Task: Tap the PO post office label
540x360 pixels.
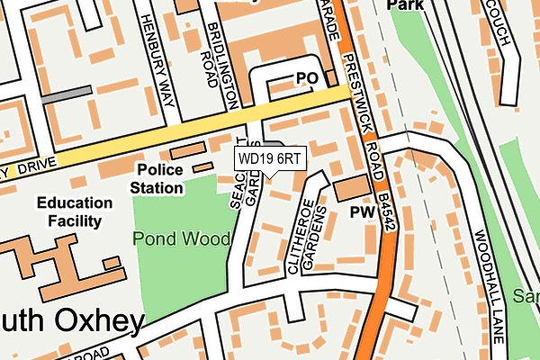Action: pos(308,78)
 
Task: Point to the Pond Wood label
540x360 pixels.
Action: pos(180,238)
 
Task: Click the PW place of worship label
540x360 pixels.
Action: pos(362,212)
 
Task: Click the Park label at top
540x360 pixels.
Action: pos(404,5)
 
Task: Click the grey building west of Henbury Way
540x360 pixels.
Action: pos(67,94)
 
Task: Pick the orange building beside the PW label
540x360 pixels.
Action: pos(352,188)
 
